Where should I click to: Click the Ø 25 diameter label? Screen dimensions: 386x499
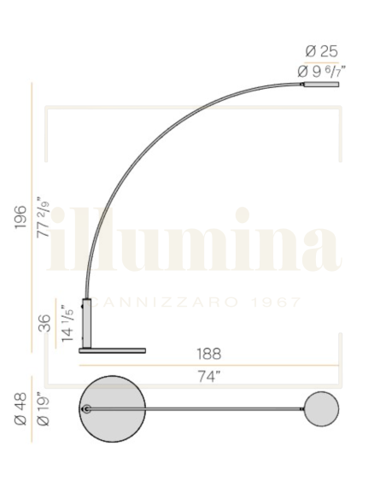click(321, 51)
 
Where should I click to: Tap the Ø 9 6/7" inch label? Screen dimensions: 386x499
click(321, 72)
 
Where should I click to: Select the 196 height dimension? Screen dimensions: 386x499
click(20, 217)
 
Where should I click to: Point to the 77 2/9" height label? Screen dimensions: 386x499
click(44, 217)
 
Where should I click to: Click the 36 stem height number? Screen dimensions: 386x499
click(44, 323)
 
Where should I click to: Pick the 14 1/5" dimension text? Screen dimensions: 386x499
click(67, 323)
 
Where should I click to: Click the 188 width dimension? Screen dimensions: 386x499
click(208, 354)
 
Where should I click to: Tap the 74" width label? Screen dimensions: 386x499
click(209, 377)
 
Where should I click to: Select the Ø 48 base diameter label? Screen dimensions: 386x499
click(20, 409)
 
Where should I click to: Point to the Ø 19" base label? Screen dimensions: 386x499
click(44, 410)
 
